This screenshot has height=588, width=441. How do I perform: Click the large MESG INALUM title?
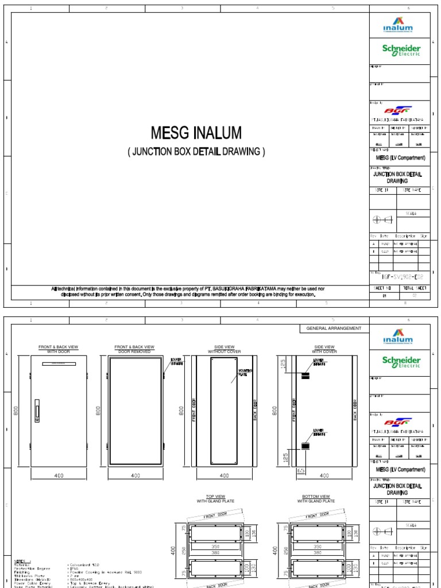coord(196,134)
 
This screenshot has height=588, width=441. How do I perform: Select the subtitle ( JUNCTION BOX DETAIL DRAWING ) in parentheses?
coord(196,152)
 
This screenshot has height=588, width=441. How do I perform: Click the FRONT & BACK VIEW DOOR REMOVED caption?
coord(135,349)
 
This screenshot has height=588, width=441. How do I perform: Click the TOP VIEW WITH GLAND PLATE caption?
coord(213,499)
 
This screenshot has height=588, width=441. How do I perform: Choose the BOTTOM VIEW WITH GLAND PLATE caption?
coord(316,499)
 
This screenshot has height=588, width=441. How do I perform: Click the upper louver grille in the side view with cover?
coord(305,374)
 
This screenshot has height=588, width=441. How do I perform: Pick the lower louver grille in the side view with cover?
coord(305,446)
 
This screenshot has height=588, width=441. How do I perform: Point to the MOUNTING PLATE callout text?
coord(246,373)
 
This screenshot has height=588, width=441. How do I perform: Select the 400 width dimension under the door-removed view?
coord(136,475)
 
